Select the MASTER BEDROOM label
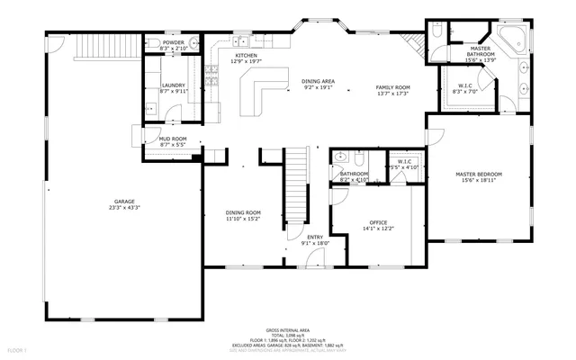[479, 174]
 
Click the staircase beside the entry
[295, 190]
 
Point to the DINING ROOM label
[243, 212]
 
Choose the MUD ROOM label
[172, 139]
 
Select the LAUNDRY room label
[173, 85]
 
